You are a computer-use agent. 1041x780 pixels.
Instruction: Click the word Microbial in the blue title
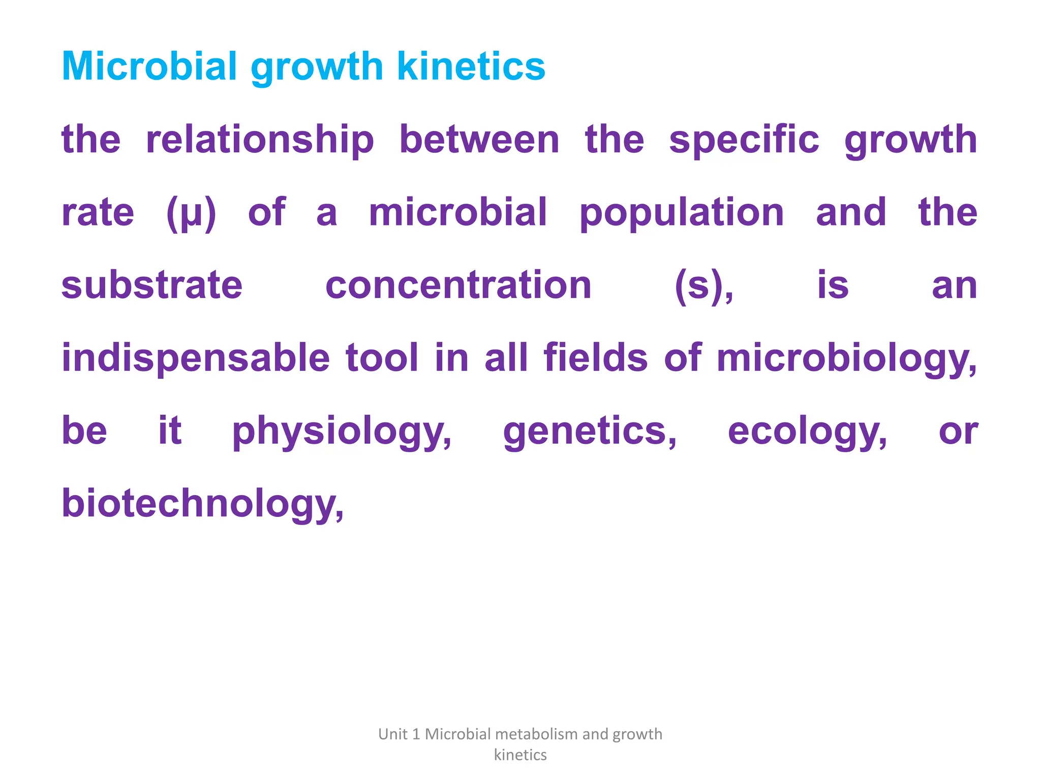point(149,67)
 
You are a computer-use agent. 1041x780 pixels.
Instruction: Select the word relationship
point(260,140)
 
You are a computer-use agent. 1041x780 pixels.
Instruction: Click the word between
point(479,140)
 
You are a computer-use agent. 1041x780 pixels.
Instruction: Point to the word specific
point(744,140)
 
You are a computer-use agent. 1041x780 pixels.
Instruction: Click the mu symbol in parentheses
point(191,213)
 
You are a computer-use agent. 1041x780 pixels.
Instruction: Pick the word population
point(682,213)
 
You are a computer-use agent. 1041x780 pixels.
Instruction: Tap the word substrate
point(151,285)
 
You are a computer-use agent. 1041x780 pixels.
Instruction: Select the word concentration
point(458,285)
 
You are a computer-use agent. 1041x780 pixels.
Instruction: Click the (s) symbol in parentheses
point(703,286)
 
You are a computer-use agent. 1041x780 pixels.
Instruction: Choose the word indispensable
point(196,359)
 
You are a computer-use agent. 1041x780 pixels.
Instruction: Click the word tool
point(382,358)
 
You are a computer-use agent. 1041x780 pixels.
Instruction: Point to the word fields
point(595,358)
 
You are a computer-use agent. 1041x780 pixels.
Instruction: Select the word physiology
point(341,432)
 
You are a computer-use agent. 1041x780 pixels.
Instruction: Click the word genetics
point(589,432)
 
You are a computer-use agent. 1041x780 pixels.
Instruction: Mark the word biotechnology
point(202,504)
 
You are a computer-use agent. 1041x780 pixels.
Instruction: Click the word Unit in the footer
point(392,734)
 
